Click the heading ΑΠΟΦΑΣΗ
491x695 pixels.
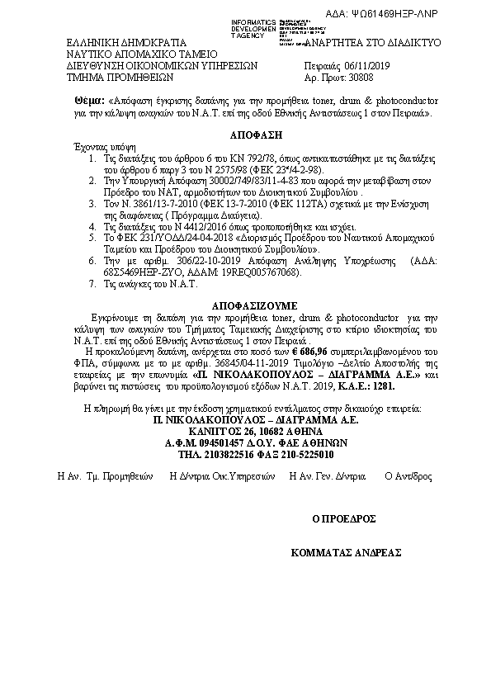(246, 132)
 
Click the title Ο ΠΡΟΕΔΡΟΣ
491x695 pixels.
(344, 518)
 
